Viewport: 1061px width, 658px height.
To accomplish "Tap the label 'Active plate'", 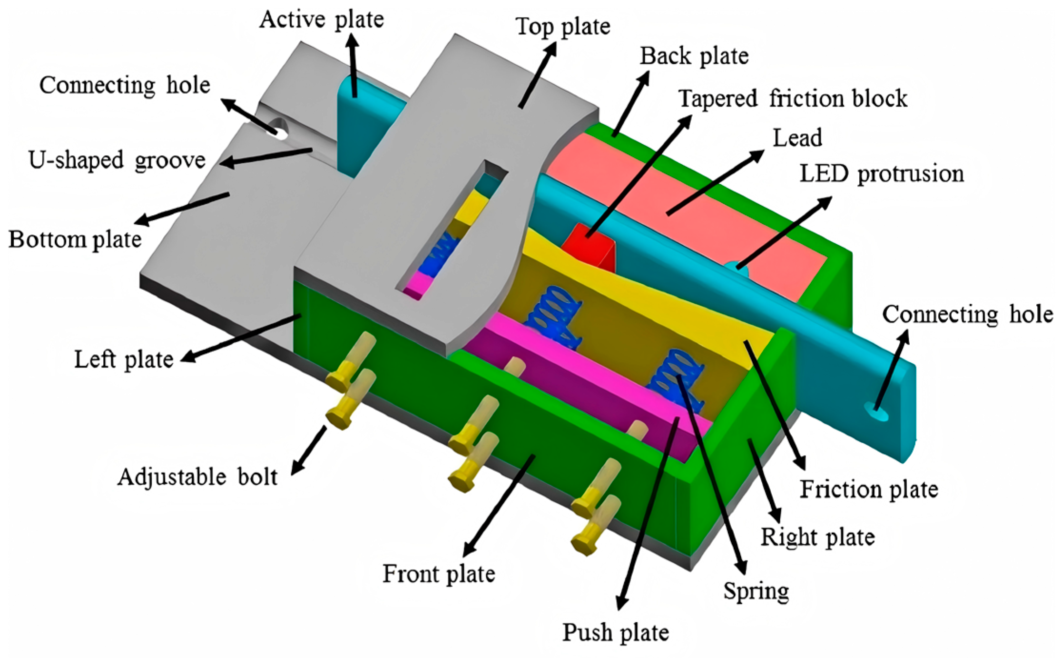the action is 322,20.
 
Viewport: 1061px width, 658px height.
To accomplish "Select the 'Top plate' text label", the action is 563,27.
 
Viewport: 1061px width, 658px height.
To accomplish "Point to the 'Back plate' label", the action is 694,56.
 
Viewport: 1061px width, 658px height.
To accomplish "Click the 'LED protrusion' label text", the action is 882,173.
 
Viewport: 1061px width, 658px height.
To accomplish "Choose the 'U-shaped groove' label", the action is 117,160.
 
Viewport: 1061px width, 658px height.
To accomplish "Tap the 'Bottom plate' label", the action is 75,239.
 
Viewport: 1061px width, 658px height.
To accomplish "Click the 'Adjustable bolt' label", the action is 197,477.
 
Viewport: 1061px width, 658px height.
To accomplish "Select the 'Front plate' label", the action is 439,574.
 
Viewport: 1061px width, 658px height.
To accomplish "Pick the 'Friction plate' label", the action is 869,489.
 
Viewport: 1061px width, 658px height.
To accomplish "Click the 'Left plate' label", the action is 124,359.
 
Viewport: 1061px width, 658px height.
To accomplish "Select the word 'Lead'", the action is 797,138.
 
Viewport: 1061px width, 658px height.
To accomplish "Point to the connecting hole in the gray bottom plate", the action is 281,130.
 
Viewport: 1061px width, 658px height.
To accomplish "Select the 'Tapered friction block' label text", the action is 793,99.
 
